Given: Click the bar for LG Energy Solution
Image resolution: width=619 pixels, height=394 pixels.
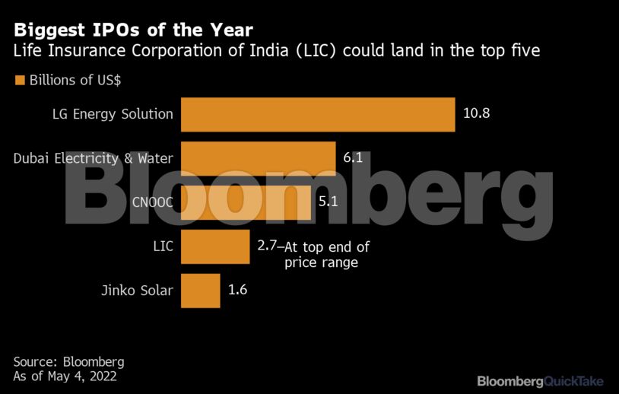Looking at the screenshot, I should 317,115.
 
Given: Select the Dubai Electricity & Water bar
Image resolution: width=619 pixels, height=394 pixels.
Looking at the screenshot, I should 258,158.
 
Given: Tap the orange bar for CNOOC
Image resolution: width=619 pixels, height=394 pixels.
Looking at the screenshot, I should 245,202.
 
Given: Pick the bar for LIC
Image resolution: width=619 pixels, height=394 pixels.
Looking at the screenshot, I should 215,246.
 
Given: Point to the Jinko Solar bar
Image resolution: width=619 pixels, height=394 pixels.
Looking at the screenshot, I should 200,291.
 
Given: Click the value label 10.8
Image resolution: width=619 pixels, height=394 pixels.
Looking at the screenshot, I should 477,114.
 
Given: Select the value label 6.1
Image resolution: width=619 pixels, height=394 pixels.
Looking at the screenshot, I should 352,158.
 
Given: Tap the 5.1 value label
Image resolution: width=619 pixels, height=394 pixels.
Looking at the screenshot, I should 327,202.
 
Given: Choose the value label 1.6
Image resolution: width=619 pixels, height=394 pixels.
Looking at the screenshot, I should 238,290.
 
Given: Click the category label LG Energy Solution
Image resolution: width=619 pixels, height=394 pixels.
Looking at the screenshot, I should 113,115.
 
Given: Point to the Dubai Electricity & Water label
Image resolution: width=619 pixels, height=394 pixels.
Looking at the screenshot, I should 94,158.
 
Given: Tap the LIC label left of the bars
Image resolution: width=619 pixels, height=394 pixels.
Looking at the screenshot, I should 163,246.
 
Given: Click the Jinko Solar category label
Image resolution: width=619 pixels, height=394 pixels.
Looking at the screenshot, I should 137,291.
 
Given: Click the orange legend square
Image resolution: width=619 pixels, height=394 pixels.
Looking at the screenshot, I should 19,81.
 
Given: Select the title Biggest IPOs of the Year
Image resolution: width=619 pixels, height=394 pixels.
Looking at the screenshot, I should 133,30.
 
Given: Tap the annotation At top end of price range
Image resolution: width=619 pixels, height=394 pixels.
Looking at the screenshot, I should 325,255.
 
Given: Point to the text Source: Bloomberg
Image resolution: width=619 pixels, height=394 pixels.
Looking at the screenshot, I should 68,361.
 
